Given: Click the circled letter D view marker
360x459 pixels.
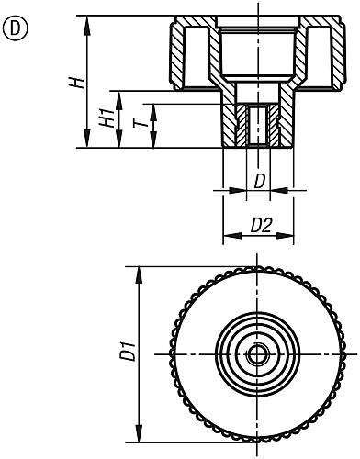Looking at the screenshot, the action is point(16,28).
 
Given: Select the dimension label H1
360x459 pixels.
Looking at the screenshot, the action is point(107,119).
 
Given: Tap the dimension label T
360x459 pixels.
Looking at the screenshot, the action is point(141,123).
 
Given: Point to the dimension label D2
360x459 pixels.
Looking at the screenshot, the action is point(261,226).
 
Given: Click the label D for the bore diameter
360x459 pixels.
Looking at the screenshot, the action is point(259,182).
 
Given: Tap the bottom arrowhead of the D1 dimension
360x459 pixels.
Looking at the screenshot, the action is point(140,433).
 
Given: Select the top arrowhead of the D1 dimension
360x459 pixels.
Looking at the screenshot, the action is point(140,275).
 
